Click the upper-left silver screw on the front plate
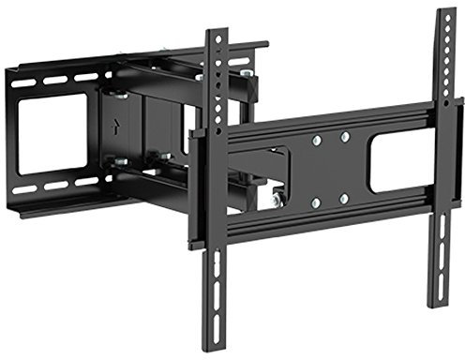[x=317, y=140]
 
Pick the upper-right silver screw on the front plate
[x=345, y=137]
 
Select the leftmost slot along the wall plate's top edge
[x=23, y=82]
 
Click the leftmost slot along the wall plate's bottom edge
[x=24, y=192]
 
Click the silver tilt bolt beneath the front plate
[x=277, y=199]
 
